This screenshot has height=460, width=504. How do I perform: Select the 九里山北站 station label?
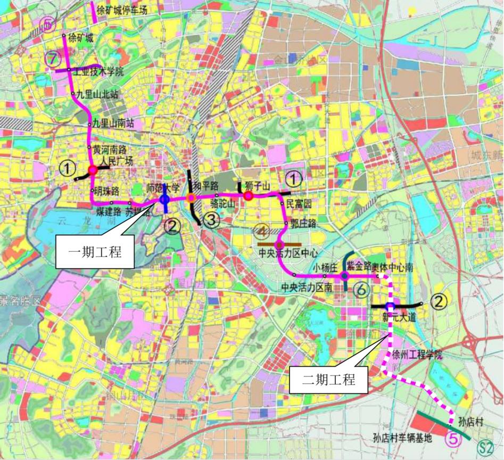97,94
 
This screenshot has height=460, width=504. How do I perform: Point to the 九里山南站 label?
113,123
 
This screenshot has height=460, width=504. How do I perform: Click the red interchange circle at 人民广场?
93,170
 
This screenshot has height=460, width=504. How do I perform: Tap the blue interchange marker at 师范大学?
164,199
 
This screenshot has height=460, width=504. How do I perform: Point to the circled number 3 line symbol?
212,219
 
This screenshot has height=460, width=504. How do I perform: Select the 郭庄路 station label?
301,225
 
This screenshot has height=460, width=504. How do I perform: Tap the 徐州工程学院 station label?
417,355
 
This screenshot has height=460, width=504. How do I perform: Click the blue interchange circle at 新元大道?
390,306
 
